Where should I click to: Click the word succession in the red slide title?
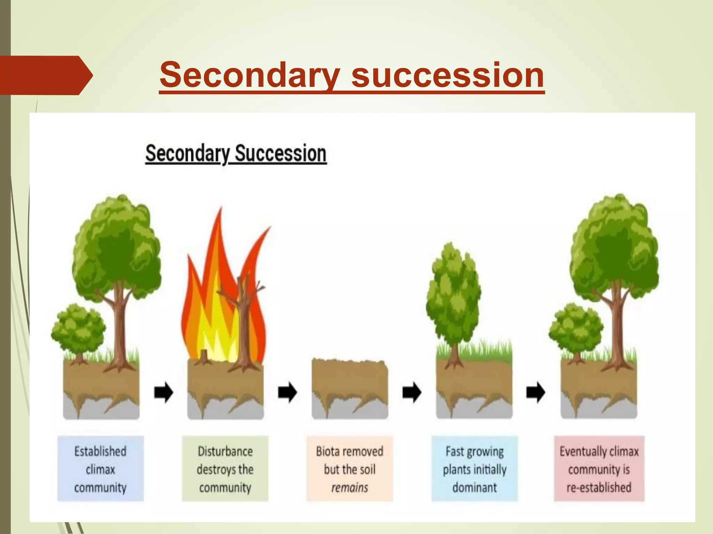click(x=448, y=75)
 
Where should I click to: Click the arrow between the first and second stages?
click(x=163, y=393)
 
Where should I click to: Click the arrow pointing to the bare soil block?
click(x=288, y=393)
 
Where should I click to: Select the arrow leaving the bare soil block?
click(x=412, y=393)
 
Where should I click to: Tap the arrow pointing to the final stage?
click(x=536, y=393)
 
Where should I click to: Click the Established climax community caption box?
click(x=100, y=469)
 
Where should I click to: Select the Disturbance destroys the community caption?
click(x=225, y=469)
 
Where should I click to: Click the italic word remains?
click(x=350, y=487)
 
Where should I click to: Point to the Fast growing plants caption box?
click(x=475, y=469)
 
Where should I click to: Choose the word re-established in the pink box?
click(x=599, y=487)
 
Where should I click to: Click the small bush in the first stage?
click(x=79, y=329)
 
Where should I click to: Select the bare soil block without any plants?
click(x=350, y=386)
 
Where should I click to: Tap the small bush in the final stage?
click(x=576, y=329)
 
